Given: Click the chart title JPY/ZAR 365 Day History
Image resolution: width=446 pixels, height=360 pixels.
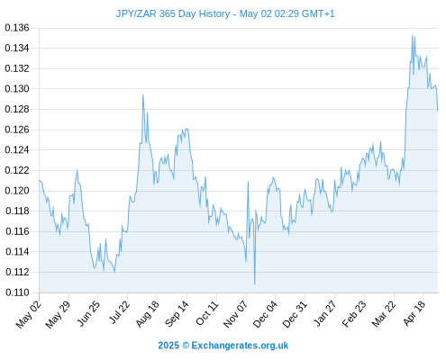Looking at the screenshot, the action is pos(173,13).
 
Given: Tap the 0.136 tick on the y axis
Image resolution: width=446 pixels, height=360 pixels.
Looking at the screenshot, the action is pos(17,28).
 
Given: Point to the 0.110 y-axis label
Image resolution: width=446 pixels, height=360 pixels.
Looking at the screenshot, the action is pos(17,292).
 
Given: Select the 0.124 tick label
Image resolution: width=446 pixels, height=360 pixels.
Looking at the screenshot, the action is pos(17,149).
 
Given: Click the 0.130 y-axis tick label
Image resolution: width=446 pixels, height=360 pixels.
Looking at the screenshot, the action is pos(17,89).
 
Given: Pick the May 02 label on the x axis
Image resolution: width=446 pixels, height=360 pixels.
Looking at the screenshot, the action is pos(28,315).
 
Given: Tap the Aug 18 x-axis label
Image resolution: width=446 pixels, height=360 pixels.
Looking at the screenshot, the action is pos(147,314).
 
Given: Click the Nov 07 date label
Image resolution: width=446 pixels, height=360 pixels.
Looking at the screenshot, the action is pos(236,314).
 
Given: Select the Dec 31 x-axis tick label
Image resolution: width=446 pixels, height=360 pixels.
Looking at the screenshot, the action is pos(295,314).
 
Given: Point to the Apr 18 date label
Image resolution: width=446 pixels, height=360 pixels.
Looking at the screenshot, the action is pos(414,313).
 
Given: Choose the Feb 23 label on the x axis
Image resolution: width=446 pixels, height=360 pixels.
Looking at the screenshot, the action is pos(354,314).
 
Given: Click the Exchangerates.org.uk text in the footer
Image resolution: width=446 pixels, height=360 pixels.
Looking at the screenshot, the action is pos(240,346).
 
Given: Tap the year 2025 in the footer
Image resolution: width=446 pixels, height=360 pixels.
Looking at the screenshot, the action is pos(168,346).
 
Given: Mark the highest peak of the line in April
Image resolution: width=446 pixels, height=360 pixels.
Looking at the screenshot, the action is pos(413,35).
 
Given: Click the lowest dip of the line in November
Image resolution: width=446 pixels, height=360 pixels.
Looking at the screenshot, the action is pos(255,283).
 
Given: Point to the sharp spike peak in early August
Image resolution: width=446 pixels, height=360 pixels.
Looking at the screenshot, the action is pos(143,95).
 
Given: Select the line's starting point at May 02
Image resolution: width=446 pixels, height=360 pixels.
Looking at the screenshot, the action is pos(40,180).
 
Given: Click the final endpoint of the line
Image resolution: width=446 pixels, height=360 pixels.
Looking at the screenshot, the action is pos(438,111).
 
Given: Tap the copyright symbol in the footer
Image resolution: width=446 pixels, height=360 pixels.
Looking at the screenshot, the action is pos(186,346).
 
